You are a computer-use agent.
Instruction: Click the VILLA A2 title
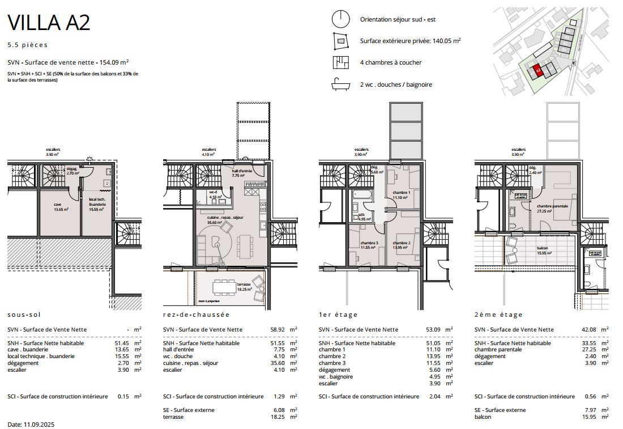tap(49, 23)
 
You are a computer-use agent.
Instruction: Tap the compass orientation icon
tap(340, 19)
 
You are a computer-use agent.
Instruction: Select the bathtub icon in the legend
tap(340, 84)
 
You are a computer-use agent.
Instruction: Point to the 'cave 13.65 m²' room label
tap(61, 207)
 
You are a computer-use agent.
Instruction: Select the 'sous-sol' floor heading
tap(24, 315)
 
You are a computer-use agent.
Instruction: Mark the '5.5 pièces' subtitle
tap(28, 45)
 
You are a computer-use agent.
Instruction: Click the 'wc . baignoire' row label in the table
tap(336, 376)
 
